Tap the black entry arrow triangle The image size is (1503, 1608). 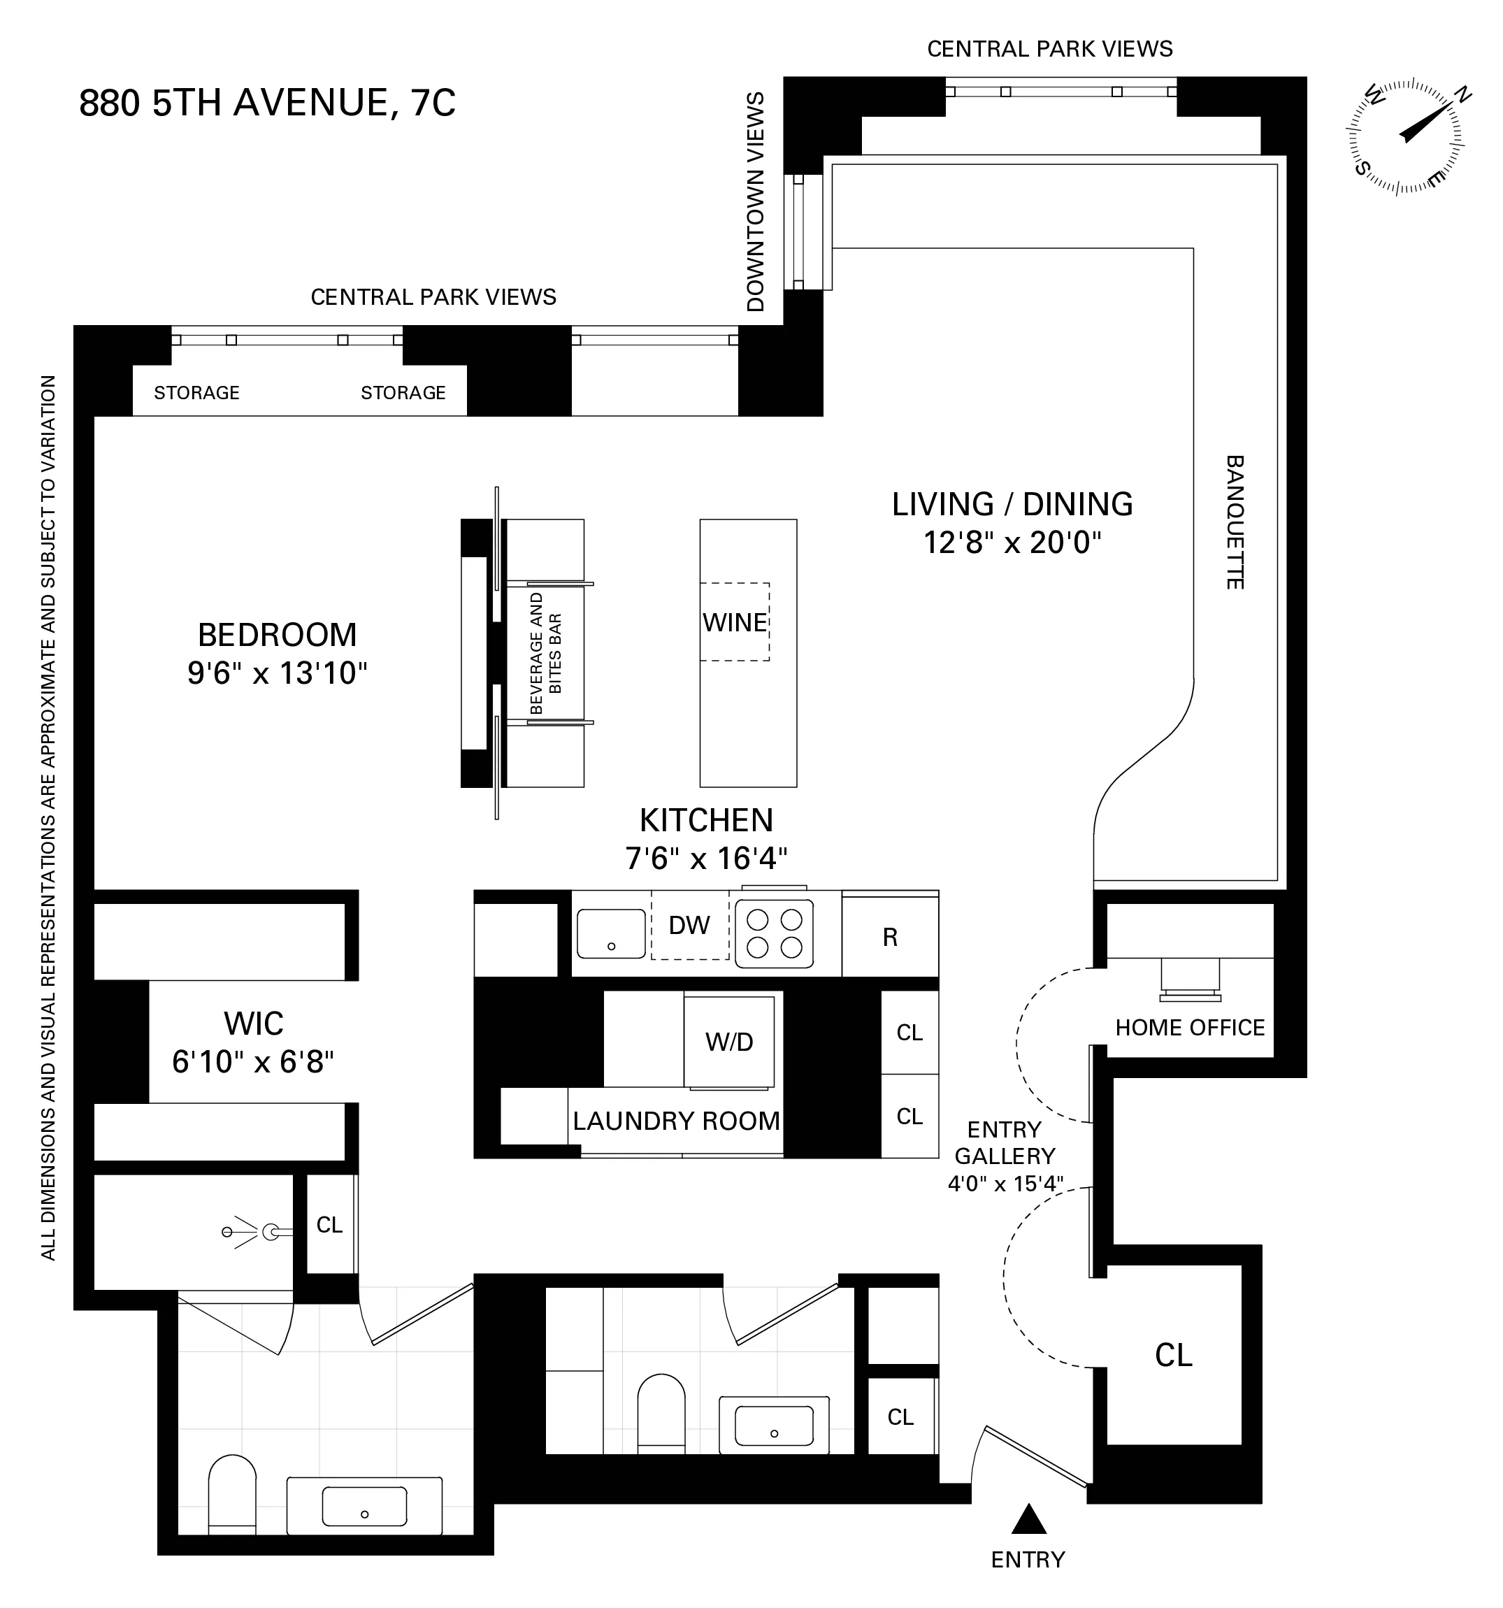1028,1519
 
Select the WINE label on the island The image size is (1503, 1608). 735,623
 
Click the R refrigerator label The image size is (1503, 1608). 890,938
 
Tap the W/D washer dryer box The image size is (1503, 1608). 729,1042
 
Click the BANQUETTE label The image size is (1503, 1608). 1235,522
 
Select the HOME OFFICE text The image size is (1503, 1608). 1189,1028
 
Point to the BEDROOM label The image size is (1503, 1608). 277,635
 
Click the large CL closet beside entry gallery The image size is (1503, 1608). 1173,1356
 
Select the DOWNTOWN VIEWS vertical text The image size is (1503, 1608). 756,201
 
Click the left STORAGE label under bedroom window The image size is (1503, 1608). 196,393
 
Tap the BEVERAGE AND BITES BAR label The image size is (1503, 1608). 545,654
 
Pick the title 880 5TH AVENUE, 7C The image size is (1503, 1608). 267,103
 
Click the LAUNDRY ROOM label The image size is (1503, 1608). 676,1121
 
